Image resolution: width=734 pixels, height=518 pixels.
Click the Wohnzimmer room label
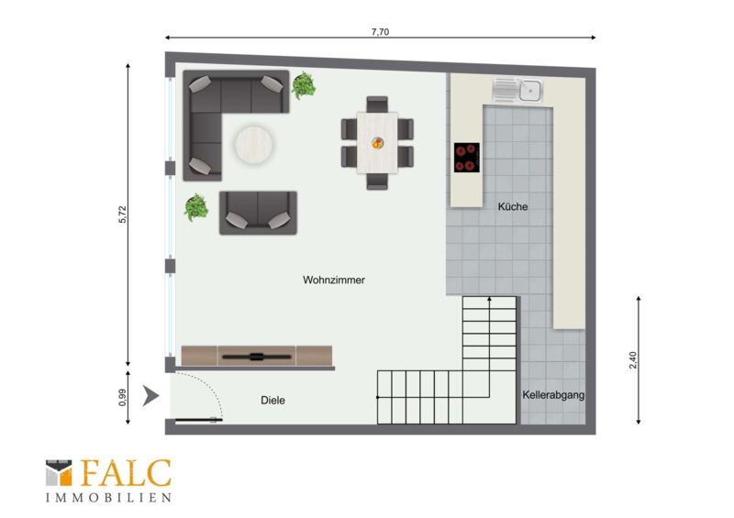point(333,280)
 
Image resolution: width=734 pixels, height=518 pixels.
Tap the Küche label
point(513,206)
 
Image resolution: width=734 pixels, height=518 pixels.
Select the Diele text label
point(272,400)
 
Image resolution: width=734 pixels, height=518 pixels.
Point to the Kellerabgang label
point(553,395)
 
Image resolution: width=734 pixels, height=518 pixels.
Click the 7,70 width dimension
point(380,32)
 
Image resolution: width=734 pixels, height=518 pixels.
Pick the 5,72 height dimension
point(122,215)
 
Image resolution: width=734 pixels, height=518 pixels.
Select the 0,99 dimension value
point(122,397)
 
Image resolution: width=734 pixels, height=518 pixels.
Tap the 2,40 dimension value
point(633,359)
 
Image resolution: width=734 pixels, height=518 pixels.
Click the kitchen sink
point(517,90)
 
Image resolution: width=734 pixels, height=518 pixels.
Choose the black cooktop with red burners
point(467,157)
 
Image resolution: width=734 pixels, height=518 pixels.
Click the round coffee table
point(253,145)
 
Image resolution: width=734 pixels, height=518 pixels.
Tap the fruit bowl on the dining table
point(377,143)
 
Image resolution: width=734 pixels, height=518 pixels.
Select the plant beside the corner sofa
point(304,85)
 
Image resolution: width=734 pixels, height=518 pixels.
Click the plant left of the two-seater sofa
point(196,207)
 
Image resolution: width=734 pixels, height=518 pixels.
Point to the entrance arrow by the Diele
point(150,396)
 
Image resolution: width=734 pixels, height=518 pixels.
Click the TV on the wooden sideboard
point(257,357)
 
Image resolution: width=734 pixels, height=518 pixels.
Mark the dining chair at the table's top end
point(377,104)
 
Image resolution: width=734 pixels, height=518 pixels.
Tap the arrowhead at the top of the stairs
point(489,299)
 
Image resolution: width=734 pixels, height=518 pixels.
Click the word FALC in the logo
point(127,473)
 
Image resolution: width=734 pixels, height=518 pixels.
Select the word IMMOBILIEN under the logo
point(108,498)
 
